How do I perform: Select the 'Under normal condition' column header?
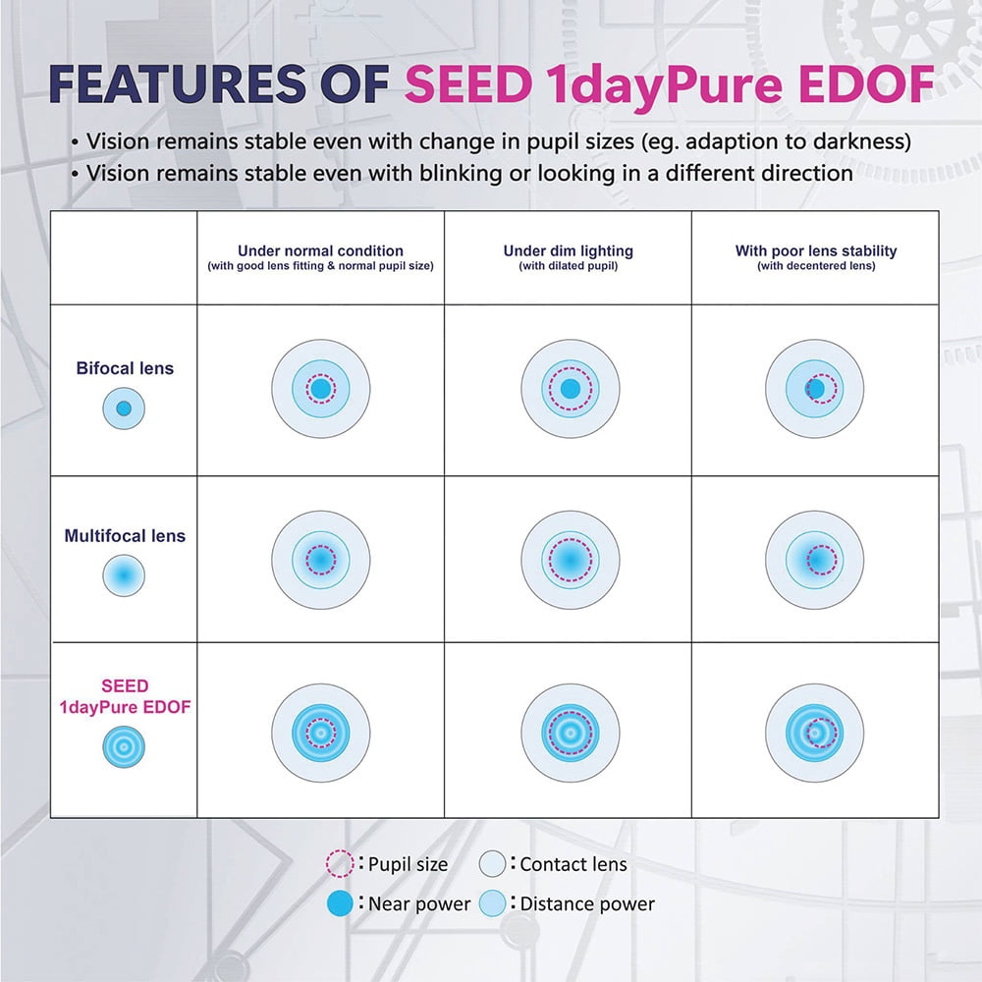point(321,250)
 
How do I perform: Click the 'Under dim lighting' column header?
point(568,250)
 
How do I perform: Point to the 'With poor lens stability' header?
point(816,250)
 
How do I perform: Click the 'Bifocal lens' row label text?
point(125,368)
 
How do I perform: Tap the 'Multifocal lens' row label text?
point(125,536)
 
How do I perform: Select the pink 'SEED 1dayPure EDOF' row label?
point(125,696)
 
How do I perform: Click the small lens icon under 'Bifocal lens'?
point(124,409)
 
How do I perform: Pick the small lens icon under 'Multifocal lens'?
point(124,574)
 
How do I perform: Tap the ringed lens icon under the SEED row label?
point(124,746)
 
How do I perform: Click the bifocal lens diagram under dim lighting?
point(570,389)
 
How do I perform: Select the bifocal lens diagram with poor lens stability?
point(814,389)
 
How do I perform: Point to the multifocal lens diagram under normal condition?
point(321,560)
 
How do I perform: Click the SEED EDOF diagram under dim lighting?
point(570,733)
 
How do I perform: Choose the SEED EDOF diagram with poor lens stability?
point(814,733)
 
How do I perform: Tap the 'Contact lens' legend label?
point(573,864)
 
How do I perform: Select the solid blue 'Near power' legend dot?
point(340,903)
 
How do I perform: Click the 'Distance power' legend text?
point(587,903)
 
